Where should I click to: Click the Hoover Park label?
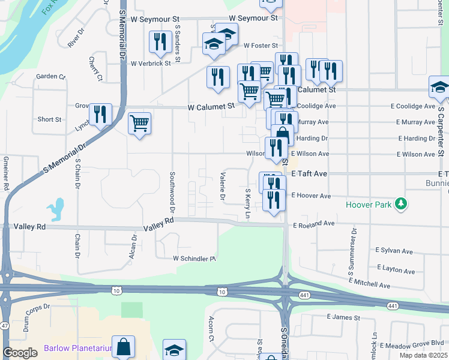click(369, 205)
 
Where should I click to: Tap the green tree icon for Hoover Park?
click(400, 205)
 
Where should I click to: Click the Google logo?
click(20, 353)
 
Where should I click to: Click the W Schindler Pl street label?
click(194, 259)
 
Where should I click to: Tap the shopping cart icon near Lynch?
click(139, 124)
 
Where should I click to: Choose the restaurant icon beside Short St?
click(100, 114)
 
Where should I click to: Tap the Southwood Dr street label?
click(172, 192)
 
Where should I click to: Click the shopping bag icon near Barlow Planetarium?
click(123, 346)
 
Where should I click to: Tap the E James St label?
click(343, 317)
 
